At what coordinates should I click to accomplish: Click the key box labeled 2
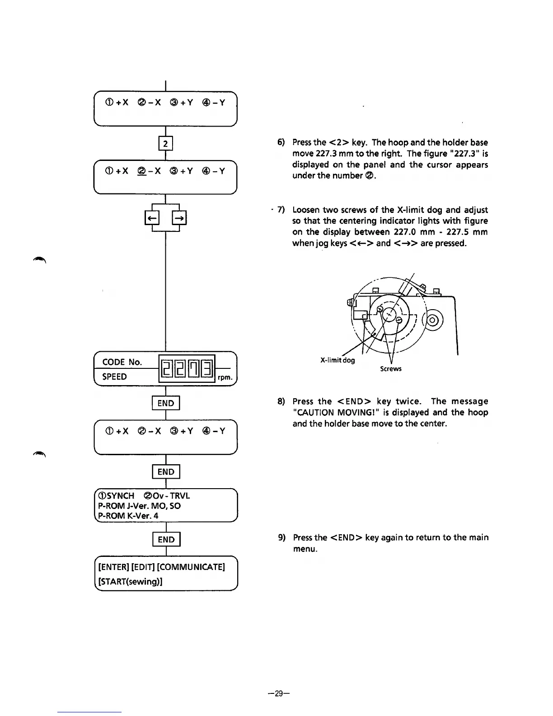pyautogui.click(x=166, y=144)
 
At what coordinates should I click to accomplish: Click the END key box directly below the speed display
pyautogui.click(x=166, y=403)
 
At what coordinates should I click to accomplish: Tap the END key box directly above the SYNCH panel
pyautogui.click(x=166, y=472)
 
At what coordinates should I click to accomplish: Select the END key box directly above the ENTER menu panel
pyautogui.click(x=166, y=540)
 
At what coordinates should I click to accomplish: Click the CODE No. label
pyautogui.click(x=122, y=362)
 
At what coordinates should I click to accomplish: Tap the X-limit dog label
pyautogui.click(x=337, y=360)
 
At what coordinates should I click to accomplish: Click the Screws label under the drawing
pyautogui.click(x=391, y=369)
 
